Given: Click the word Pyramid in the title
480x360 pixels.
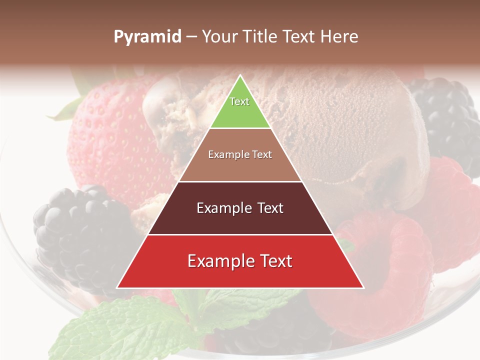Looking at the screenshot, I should tap(147, 37).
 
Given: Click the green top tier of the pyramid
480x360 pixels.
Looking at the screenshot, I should tap(240, 112).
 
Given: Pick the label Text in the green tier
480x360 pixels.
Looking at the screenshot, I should tap(239, 101).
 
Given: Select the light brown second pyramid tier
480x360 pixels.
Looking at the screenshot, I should tap(240, 167).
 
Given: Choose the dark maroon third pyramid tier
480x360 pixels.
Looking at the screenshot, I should tap(240, 220).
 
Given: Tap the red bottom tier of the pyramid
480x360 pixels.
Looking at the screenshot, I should tap(240, 275).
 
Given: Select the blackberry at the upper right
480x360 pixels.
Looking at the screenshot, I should tap(445, 120).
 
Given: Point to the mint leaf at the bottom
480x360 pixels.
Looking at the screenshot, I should tap(125, 330).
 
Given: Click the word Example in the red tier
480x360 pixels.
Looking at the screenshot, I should tap(216, 261).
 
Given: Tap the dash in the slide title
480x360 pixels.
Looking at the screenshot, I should tap(191, 37).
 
